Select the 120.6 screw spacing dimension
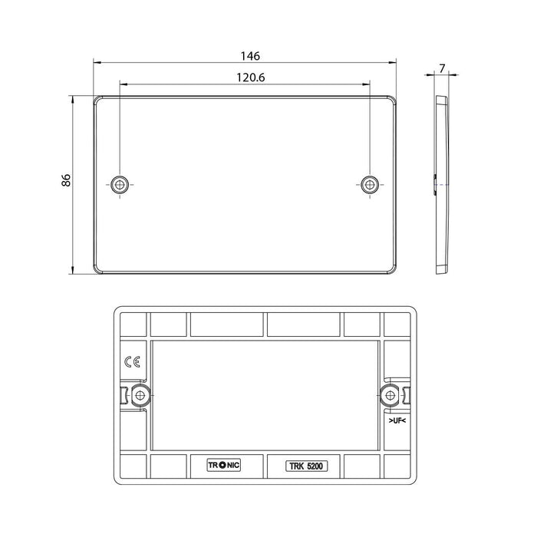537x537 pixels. click(246, 77)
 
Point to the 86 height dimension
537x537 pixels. click(66, 180)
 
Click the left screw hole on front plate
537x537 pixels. click(120, 183)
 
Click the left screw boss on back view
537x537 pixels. click(140, 395)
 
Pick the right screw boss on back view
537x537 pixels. click(390, 395)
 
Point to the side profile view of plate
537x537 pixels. click(440, 184)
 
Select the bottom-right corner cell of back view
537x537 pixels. click(399, 466)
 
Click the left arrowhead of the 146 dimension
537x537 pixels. click(96, 62)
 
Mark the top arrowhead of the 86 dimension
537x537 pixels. click(73, 98)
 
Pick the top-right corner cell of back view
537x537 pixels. click(399, 323)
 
